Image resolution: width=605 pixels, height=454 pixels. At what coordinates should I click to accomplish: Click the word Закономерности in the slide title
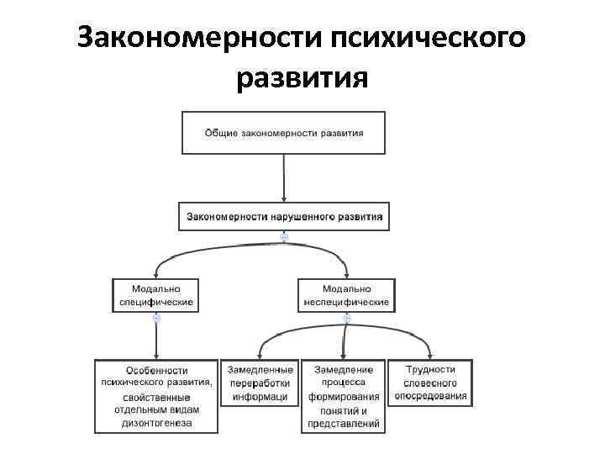click(x=199, y=39)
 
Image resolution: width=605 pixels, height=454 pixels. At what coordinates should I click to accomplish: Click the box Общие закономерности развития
click(x=284, y=133)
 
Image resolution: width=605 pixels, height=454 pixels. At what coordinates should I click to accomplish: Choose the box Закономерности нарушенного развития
click(x=284, y=216)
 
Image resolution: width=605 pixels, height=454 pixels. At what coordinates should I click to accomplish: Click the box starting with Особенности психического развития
click(x=156, y=396)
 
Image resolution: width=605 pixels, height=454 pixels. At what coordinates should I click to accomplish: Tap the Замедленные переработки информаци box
click(x=260, y=383)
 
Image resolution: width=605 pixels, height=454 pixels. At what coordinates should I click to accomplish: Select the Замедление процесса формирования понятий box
click(x=344, y=396)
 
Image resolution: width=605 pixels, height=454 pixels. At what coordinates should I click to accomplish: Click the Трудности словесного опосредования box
click(x=430, y=383)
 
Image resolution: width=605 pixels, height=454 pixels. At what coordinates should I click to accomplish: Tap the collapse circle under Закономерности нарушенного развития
click(x=284, y=238)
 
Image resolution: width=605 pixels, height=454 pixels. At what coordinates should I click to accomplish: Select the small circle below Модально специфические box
click(x=156, y=318)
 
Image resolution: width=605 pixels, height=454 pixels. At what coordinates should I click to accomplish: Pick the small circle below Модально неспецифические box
click(x=346, y=318)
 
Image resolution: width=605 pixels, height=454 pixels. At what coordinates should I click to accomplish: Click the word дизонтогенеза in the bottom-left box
click(x=156, y=423)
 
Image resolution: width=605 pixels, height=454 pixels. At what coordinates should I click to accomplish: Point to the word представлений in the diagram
click(x=344, y=424)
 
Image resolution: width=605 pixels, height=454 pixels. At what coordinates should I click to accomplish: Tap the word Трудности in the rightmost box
click(x=430, y=369)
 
